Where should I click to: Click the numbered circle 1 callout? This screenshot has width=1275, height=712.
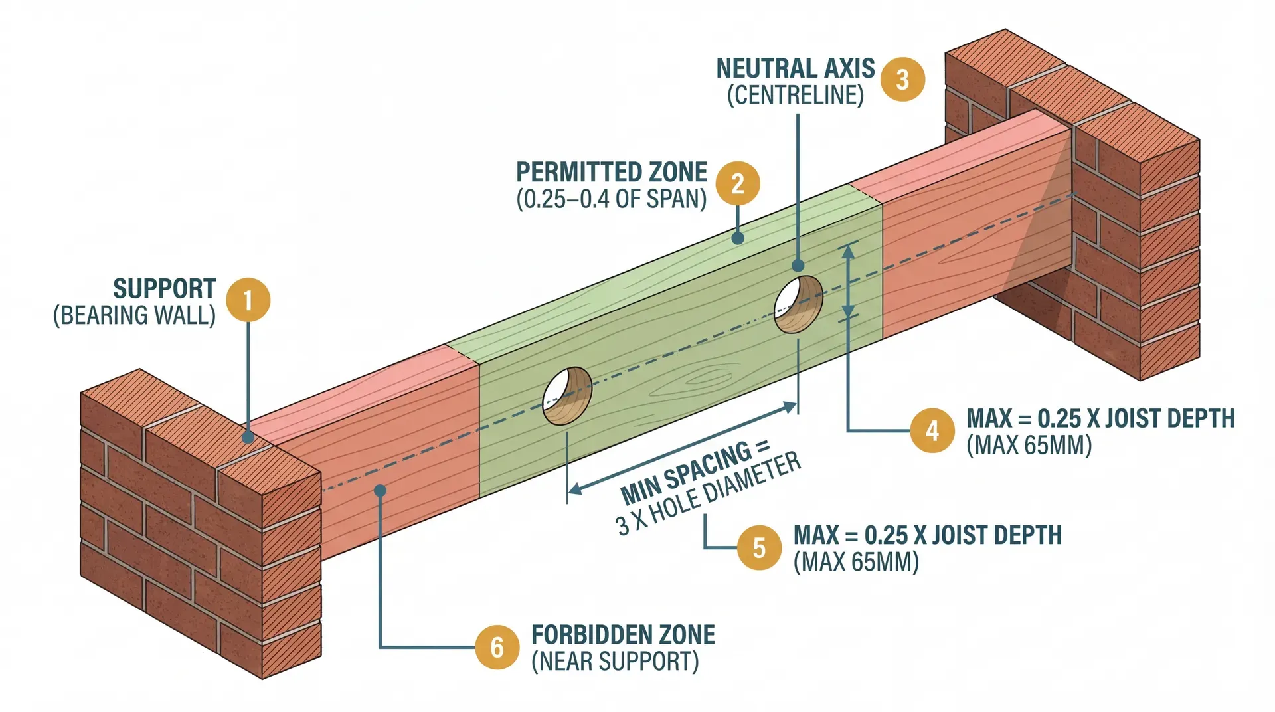click(x=248, y=300)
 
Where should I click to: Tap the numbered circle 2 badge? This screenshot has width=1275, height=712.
click(x=738, y=183)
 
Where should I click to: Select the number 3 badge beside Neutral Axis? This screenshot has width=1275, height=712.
click(x=902, y=80)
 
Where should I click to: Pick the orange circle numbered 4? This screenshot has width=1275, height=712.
click(x=932, y=430)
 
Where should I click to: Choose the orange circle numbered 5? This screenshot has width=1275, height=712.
click(x=760, y=547)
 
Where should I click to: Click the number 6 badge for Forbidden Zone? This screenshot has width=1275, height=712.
click(x=497, y=647)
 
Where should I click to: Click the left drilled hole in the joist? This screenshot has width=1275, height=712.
click(x=566, y=396)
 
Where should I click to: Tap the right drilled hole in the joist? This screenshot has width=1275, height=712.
click(x=799, y=304)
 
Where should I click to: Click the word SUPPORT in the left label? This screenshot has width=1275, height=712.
click(x=164, y=289)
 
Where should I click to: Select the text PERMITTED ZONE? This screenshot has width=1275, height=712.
click(x=611, y=172)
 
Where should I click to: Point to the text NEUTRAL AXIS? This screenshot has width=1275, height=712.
click(x=795, y=68)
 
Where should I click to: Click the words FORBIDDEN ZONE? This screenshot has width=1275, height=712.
click(x=623, y=635)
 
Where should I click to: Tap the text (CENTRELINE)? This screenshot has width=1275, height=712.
click(x=795, y=96)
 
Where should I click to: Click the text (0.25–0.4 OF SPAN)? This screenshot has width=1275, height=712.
click(x=611, y=199)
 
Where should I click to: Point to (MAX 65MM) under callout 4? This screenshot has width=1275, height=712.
click(x=1029, y=445)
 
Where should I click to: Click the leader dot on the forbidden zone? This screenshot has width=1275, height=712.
click(x=380, y=491)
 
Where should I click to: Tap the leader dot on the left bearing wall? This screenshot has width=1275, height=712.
click(x=248, y=437)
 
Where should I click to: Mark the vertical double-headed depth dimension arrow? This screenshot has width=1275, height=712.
click(x=847, y=282)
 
